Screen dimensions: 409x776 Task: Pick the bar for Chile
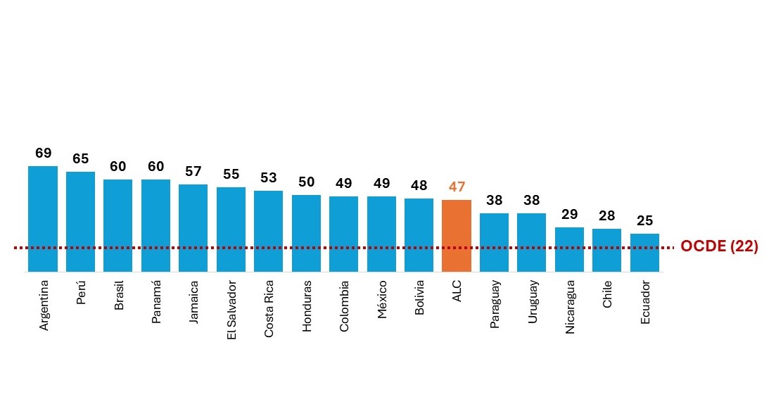606,250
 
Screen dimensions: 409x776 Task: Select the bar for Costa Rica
269,231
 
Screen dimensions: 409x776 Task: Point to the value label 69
43,153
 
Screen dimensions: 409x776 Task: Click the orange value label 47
457,187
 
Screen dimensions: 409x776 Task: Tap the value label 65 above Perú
80,159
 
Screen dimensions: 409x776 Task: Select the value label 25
644,221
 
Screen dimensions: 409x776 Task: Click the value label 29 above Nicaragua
569,215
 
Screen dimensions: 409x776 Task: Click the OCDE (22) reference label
719,247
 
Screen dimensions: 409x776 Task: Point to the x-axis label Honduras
307,307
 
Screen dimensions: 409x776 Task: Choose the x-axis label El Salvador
231,310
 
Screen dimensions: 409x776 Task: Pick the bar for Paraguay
494,242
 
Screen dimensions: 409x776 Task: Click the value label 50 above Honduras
307,182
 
